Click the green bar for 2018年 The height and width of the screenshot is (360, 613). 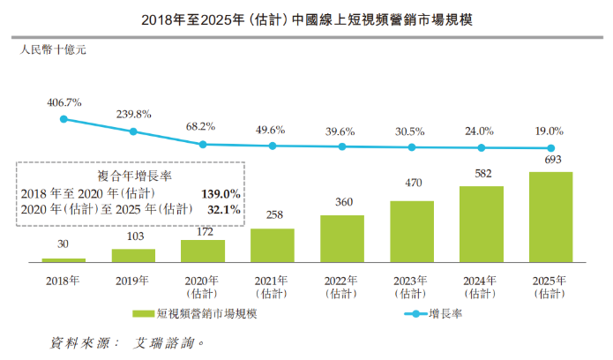click(x=64, y=260)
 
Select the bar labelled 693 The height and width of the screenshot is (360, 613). click(x=551, y=217)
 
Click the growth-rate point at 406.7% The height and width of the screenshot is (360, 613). click(x=64, y=119)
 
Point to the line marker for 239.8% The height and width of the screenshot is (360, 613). click(x=133, y=131)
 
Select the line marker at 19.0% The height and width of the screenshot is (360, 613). click(x=551, y=148)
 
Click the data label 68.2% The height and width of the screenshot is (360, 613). click(x=203, y=126)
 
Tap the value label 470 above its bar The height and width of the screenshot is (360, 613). click(x=412, y=184)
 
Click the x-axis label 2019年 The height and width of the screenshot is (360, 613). click(x=133, y=281)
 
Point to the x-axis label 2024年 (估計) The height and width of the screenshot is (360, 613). click(x=482, y=286)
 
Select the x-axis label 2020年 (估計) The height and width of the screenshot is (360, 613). click(x=203, y=286)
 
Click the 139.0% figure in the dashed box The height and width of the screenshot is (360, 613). click(x=221, y=192)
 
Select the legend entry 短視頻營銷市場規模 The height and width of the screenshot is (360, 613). click(x=198, y=313)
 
